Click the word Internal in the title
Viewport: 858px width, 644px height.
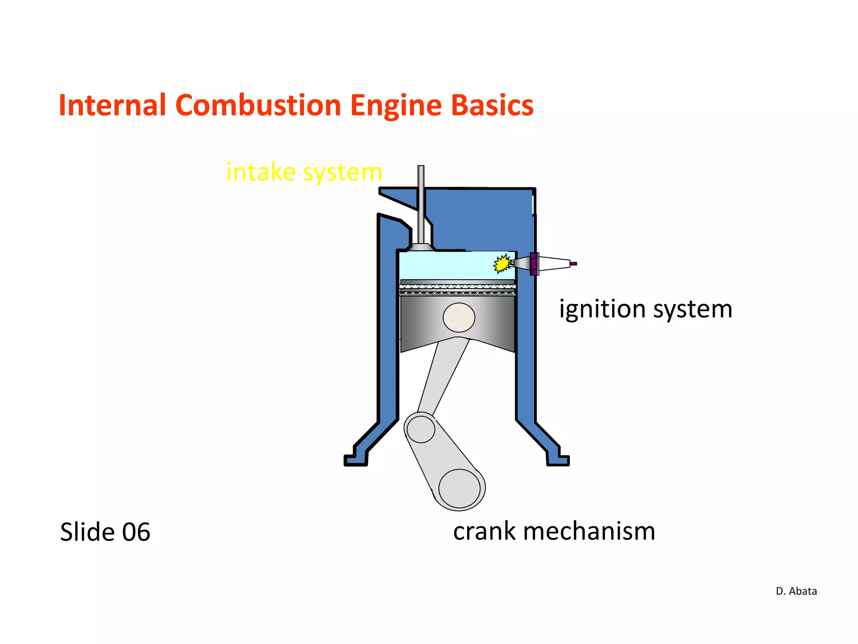tap(112, 105)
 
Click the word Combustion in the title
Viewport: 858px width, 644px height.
tap(258, 105)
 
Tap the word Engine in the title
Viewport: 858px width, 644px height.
tap(396, 106)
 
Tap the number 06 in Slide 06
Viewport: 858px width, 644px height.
tap(136, 532)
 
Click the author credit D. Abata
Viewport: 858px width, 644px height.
tap(796, 591)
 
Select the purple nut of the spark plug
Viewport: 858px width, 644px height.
tap(534, 264)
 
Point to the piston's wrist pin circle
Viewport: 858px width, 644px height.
tap(459, 317)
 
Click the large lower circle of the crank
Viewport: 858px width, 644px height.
tap(460, 489)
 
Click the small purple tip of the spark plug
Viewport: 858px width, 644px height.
tap(574, 264)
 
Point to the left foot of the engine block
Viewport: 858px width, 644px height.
tap(356, 460)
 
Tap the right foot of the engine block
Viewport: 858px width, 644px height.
tap(558, 460)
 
